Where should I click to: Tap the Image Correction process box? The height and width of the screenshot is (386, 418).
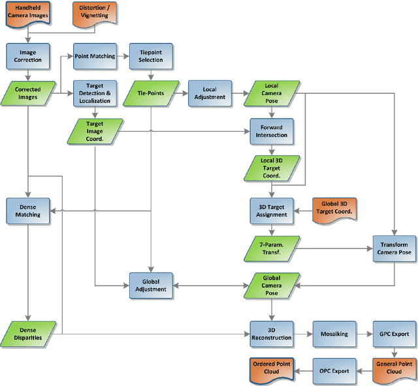coord(28,56)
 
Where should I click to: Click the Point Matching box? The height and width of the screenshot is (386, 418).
coord(95,56)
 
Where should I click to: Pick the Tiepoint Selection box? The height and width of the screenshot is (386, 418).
coord(151,56)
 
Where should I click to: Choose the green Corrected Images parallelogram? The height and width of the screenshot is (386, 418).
coord(28,93)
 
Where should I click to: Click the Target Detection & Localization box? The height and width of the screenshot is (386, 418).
coord(95,93)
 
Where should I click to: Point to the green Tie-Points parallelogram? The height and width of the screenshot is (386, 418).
coord(151,93)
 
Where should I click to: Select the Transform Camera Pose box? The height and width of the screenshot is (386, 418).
coord(394,248)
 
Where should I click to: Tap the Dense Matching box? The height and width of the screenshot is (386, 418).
coord(28,210)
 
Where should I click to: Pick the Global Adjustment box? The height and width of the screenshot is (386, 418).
coord(151,285)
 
